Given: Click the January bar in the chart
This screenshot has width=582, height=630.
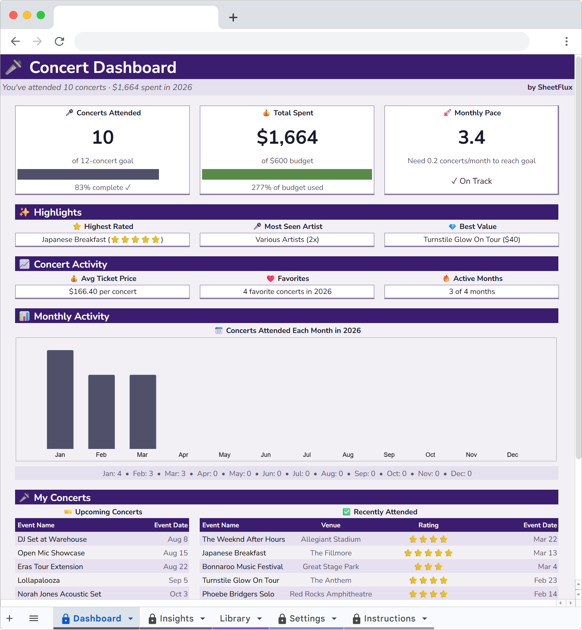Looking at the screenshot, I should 60,399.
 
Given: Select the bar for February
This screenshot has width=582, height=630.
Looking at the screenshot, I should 101,411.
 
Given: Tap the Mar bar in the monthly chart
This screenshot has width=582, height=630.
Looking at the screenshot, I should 143,411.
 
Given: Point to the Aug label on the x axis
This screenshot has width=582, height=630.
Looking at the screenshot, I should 348,454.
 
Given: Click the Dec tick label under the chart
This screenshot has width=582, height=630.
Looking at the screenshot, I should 512,454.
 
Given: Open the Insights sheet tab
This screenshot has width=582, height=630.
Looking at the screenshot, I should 176,618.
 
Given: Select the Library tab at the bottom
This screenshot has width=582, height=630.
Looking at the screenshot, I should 235,618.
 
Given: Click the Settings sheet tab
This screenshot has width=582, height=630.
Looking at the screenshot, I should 307,618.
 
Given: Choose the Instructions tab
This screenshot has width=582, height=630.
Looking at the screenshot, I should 389,618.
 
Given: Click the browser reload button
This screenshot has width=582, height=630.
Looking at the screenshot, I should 60,41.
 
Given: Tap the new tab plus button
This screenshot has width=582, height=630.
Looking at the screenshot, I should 233,17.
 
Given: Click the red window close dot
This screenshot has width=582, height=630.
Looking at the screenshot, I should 13,15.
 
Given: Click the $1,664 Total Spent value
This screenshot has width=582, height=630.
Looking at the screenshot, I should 287,137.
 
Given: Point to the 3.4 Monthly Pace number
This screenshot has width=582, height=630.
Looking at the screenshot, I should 471,137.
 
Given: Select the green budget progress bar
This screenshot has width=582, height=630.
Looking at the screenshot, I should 287,174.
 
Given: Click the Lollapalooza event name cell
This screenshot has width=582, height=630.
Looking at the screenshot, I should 39,580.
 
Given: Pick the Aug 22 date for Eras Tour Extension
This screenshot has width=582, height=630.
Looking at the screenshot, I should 175,566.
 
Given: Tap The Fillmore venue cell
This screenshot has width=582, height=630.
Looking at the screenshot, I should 331,553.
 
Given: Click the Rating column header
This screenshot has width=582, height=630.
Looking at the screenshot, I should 428,525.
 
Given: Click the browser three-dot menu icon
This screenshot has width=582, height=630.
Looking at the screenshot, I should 566,41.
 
